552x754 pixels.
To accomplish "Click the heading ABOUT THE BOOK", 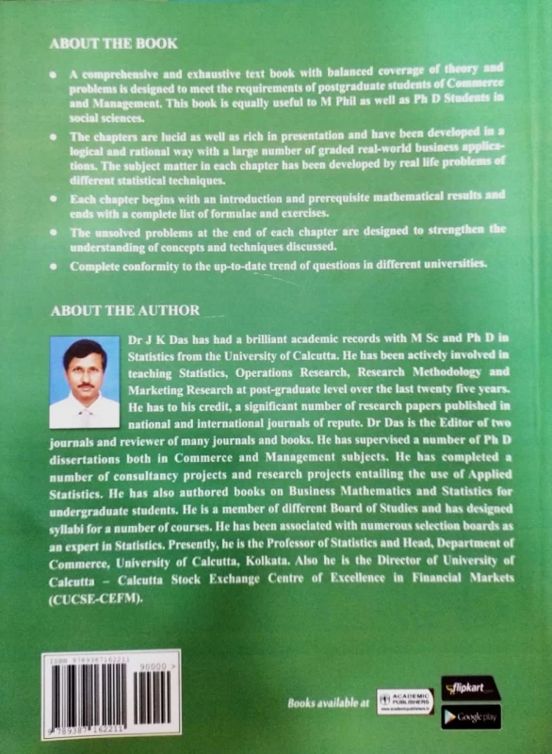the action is tap(112, 43).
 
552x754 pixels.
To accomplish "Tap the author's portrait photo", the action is tap(84, 383).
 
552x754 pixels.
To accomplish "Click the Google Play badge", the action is tap(469, 718).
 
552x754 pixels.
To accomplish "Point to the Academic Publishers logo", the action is tap(405, 701).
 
